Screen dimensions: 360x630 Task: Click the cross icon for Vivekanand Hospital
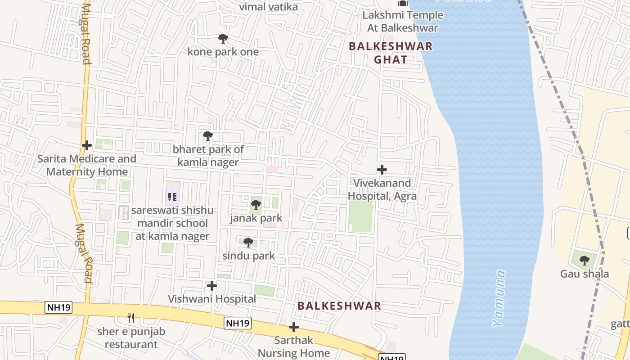382,170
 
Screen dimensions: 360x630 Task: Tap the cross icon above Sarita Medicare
87,145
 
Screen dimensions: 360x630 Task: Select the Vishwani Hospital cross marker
211,286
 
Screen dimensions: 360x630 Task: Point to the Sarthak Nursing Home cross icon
293,327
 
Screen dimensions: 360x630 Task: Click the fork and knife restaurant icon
131,318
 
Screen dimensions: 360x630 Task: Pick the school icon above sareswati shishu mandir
172,197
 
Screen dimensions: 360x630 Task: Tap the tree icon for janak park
256,205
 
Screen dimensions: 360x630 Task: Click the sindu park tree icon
248,243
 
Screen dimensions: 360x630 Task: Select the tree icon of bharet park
207,136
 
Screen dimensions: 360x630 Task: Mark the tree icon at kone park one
223,39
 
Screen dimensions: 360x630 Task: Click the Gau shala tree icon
584,261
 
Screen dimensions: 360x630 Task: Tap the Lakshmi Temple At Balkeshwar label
402,22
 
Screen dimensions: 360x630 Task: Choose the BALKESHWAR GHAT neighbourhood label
391,53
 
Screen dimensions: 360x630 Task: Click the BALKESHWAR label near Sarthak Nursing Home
339,306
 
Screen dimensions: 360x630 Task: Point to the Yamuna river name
499,298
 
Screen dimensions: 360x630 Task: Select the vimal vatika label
269,7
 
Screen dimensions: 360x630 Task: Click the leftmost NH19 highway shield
58,307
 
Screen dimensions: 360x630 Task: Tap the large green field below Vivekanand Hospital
360,216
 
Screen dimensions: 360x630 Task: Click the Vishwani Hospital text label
211,299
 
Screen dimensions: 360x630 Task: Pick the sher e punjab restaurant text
131,338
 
